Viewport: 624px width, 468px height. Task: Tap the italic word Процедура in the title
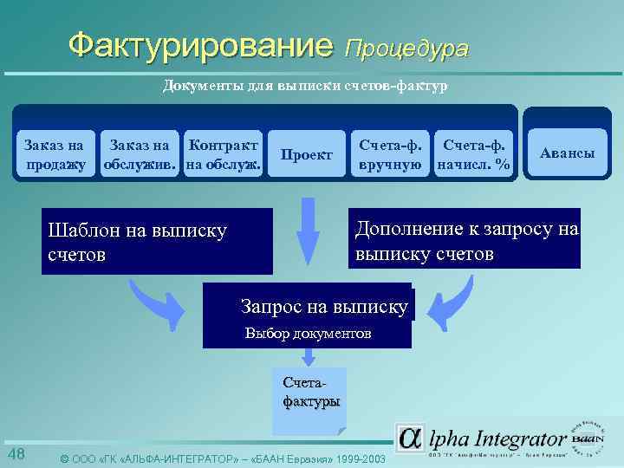click(x=406, y=48)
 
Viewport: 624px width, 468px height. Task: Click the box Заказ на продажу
click(x=55, y=153)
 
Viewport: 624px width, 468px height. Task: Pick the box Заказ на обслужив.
click(x=141, y=153)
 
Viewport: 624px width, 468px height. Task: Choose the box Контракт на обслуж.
click(x=224, y=153)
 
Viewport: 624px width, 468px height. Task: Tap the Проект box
click(x=308, y=154)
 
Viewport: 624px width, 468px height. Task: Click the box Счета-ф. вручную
click(x=389, y=153)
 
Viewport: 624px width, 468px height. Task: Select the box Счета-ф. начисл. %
click(x=474, y=153)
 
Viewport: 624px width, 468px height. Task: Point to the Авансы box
click(x=567, y=153)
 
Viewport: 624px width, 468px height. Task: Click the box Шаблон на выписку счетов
click(x=156, y=242)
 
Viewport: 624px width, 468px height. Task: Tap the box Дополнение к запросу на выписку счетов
click(x=465, y=241)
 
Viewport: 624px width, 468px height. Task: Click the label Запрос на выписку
click(x=323, y=306)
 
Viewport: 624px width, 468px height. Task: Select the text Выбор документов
click(x=308, y=333)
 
